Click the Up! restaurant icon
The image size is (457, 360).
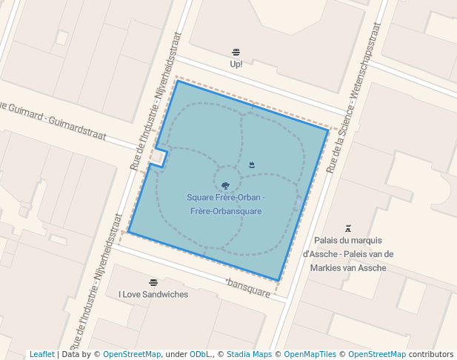click(236, 52)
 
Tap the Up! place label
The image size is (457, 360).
click(236, 64)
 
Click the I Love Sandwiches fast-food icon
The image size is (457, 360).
click(153, 282)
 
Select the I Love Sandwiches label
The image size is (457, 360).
click(153, 294)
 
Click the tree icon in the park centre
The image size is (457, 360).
click(226, 185)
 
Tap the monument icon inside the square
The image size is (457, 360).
click(252, 164)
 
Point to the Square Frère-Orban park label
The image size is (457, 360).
click(226, 204)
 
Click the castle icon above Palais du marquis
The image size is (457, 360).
click(347, 228)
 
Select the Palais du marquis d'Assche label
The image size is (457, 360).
click(348, 254)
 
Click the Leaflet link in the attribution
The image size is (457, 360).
click(42, 355)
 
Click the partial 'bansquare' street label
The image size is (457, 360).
click(249, 287)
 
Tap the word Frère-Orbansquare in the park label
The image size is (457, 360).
click(226, 212)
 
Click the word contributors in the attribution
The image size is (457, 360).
click(431, 355)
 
